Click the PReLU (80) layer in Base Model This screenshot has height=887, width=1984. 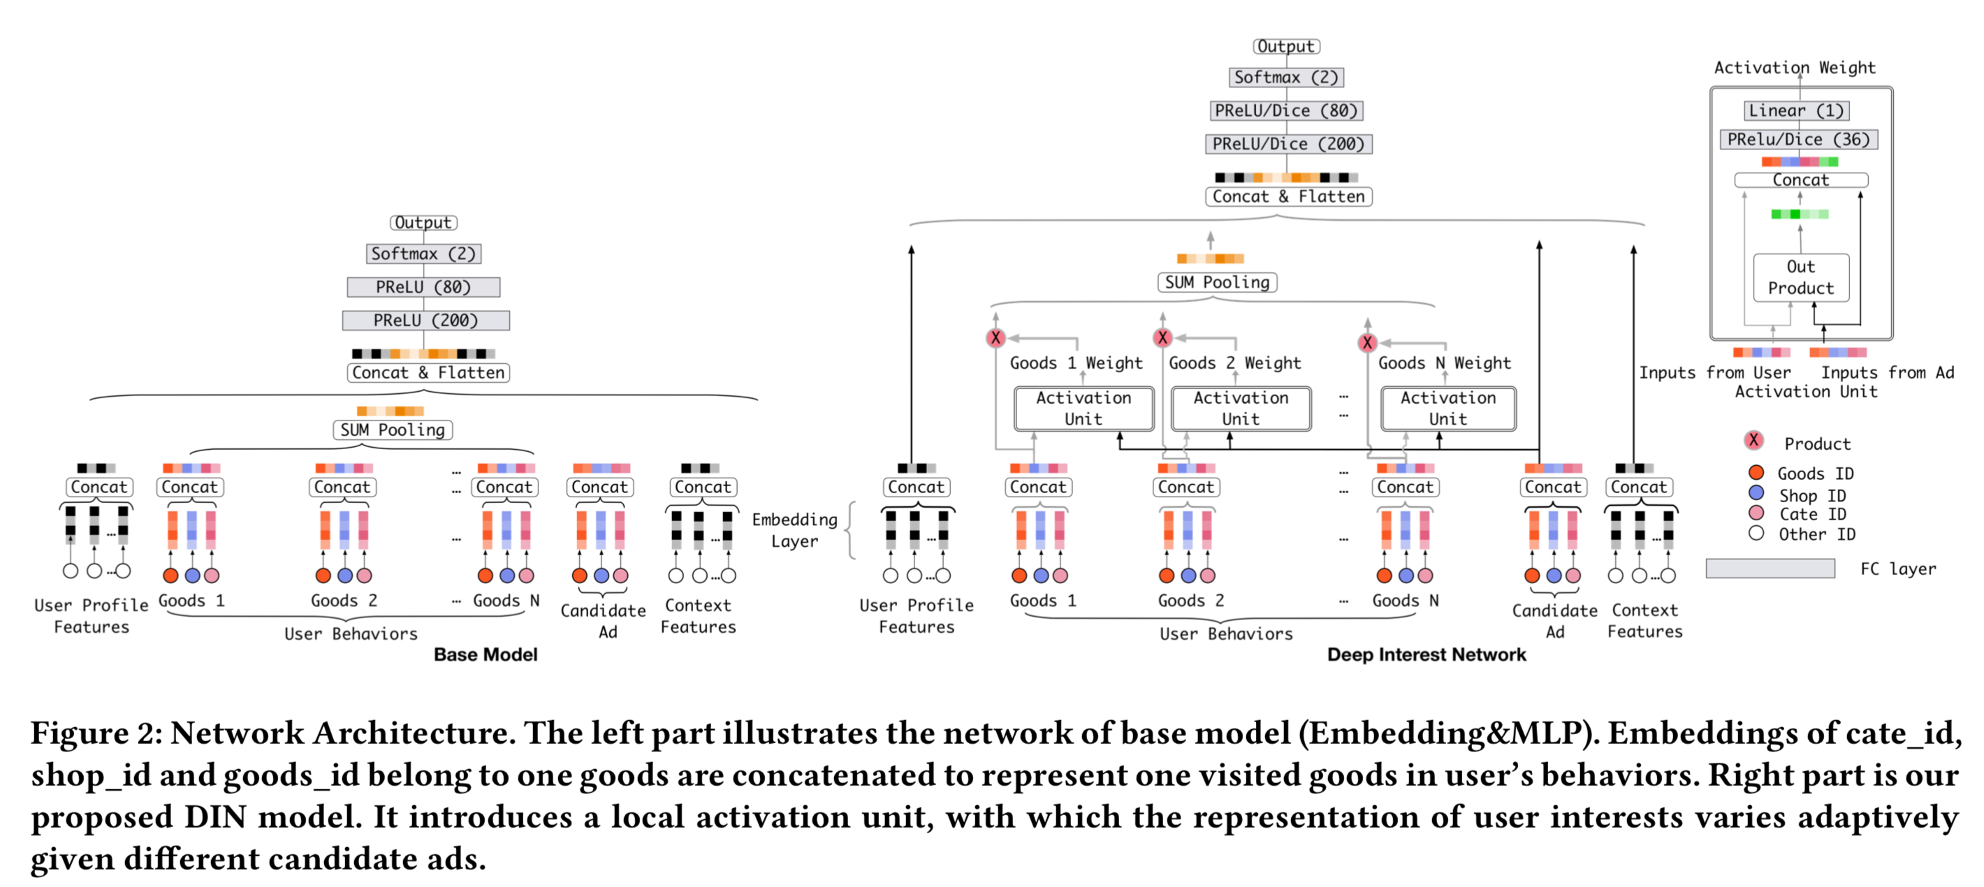(x=423, y=287)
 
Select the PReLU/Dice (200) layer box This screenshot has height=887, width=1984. (x=1288, y=144)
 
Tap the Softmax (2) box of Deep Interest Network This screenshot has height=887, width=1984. (x=1286, y=77)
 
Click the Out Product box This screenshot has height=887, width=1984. (x=1800, y=277)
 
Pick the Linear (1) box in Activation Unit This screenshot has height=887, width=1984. (x=1796, y=110)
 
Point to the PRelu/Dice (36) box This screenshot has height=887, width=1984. (x=1798, y=140)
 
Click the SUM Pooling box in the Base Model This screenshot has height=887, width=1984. (x=392, y=430)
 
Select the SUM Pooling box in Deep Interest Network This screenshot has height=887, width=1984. (x=1217, y=283)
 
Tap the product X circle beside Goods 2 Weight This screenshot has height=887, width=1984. (x=1162, y=337)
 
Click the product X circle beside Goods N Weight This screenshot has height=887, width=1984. (x=1367, y=343)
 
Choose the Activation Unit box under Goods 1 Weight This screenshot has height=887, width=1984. (x=1083, y=408)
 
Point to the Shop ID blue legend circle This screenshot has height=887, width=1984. (x=1756, y=493)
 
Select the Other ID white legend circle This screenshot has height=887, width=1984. (x=1756, y=533)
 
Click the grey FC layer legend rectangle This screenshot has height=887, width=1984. (x=1770, y=569)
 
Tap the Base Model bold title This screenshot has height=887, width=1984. (x=486, y=654)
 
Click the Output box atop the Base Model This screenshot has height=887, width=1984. (x=423, y=223)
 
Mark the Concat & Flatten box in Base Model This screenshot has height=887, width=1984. (x=428, y=373)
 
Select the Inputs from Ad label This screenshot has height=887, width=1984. (x=1886, y=373)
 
